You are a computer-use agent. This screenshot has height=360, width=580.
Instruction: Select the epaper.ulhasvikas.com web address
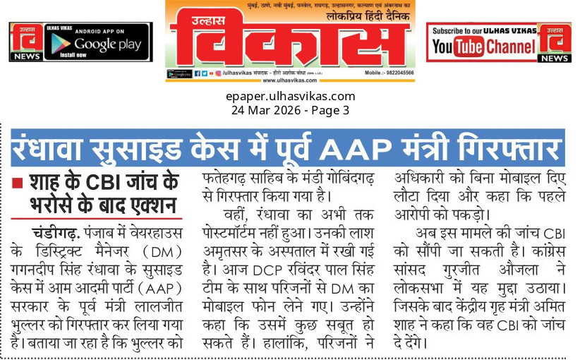pos(290,96)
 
